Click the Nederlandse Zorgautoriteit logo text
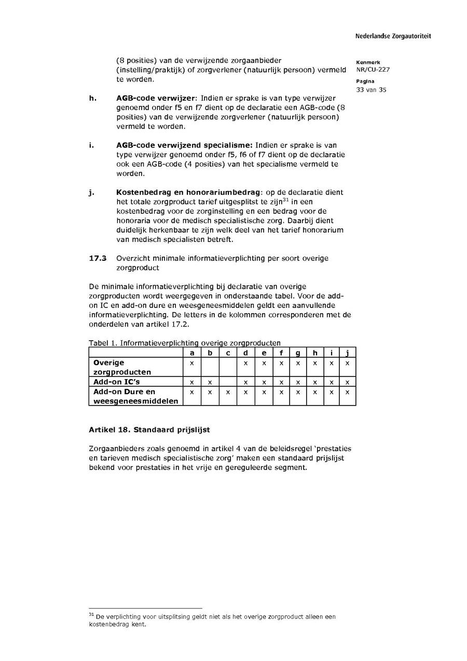pos(393,36)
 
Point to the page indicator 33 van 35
pos(371,90)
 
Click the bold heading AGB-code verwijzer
pos(156,98)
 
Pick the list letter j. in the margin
pos(91,192)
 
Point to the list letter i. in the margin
pos(91,145)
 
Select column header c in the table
pos(228,353)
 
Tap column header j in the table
pos(347,353)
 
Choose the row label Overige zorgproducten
pos(122,367)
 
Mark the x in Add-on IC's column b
pos(210,382)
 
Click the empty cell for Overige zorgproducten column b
pos(210,367)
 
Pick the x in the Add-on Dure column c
pos(228,392)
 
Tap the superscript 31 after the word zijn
pos(285,199)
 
